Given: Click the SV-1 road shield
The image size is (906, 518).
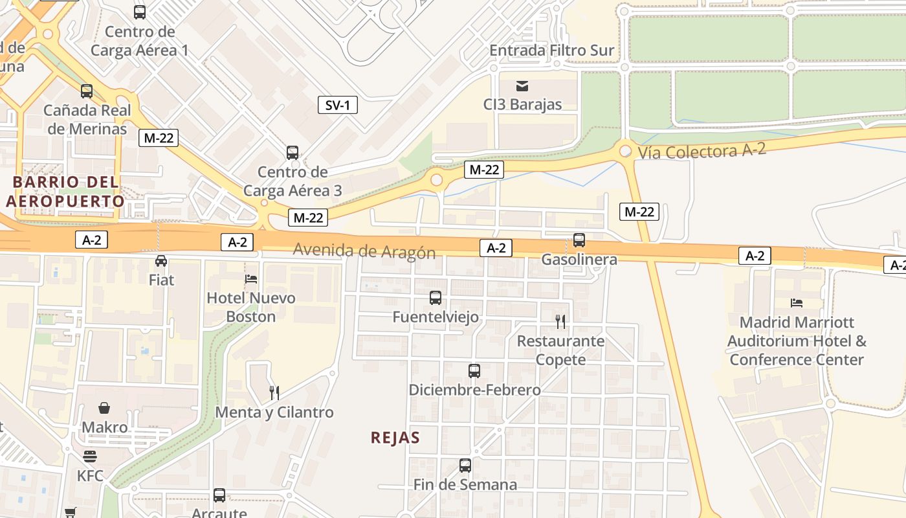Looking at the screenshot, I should pos(338,105).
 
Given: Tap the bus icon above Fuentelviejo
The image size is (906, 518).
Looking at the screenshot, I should pos(436,298).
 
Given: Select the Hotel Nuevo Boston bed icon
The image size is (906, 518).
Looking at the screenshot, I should pos(251,279).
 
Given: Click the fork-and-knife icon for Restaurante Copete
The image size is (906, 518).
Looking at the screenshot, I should pos(560,322).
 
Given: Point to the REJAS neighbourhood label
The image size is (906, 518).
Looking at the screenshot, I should pos(395,438).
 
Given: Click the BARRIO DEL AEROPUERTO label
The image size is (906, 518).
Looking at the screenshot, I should pos(65,191).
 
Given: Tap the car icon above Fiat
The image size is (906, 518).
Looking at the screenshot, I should pos(161,261).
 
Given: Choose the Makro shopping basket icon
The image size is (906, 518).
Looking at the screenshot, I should pos(104,408).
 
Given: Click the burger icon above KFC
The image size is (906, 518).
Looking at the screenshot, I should pos(90,456).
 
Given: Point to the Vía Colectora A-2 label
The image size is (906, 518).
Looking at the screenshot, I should pos(702,151).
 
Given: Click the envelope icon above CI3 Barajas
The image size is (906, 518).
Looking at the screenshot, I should pos(522,85).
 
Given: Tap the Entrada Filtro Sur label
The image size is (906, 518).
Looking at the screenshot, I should pos(551,50).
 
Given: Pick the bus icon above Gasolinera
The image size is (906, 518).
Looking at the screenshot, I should pos(579,240).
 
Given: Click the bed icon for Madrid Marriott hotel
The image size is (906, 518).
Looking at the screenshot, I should pos(797,302).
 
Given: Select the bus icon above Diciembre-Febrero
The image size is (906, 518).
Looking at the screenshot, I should pos(474,371).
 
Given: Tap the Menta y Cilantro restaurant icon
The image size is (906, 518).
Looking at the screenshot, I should pos(274,392).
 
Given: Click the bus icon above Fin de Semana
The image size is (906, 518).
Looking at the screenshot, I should pos(465,466).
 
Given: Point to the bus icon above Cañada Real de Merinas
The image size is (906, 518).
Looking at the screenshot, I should pos(87,91).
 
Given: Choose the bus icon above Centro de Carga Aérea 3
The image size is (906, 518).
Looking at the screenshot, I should pos(293,153).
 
